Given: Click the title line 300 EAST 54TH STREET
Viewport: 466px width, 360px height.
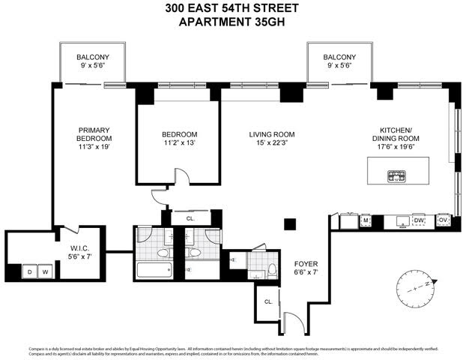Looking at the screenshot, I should coord(233,8).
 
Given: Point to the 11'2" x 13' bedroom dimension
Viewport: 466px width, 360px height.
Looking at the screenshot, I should coord(178,145).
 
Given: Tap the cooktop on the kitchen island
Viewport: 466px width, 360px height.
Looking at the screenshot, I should coord(396,177).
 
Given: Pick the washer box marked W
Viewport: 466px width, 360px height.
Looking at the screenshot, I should coord(45,271).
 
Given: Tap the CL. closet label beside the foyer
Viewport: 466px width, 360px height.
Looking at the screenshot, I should coord(268,301).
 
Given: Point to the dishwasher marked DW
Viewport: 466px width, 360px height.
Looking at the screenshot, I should coord(418,220).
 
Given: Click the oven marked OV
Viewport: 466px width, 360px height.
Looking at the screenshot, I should coord(443,220).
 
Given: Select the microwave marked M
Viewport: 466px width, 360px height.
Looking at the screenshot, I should coord(366,220).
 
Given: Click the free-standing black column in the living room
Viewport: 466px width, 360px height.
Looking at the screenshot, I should coord(289,223).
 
